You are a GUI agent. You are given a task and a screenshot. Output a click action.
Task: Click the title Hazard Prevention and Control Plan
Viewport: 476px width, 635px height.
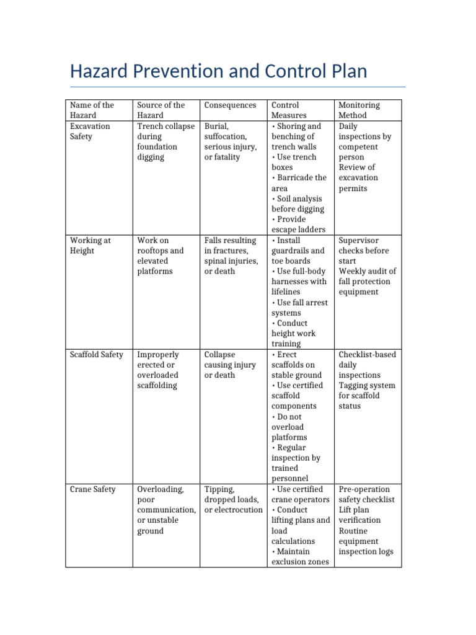218,71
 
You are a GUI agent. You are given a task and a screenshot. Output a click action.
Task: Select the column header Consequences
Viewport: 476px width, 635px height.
230,105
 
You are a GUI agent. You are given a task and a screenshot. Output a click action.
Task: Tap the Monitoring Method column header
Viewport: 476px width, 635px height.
359,110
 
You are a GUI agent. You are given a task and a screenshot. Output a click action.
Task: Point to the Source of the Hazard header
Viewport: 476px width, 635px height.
161,110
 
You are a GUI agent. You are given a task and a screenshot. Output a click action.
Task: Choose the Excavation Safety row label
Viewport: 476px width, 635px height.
90,131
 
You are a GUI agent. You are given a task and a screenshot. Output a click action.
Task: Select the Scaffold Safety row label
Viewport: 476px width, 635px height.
97,355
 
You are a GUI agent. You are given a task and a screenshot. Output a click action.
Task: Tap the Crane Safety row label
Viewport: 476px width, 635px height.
92,489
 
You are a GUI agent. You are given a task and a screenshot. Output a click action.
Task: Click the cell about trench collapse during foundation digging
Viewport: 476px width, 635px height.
165,141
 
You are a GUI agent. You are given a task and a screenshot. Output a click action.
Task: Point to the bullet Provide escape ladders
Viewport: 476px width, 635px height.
298,224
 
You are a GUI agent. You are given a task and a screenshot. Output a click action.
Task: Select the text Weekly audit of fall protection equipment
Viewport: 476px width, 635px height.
367,282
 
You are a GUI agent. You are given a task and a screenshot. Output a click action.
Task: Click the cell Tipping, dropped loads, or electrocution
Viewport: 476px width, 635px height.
233,499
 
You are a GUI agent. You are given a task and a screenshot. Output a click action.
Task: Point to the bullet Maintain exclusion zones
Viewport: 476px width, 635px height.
300,557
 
